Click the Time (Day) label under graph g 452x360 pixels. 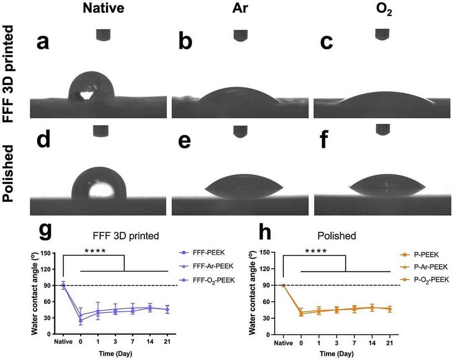(x=115, y=353)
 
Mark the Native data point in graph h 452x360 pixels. (x=283, y=286)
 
